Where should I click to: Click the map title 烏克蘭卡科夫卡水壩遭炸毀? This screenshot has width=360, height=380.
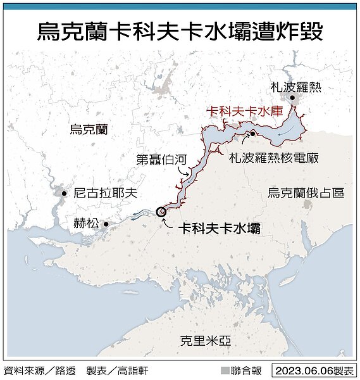pos(180,30)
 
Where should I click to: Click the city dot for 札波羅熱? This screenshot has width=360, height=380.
pos(292,98)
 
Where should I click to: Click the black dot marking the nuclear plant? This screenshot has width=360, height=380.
pos(252,134)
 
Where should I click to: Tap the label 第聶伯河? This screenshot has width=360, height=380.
pos(161,160)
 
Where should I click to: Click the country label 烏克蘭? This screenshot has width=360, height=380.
pos(89,130)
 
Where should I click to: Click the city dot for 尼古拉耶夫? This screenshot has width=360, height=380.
pos(64,193)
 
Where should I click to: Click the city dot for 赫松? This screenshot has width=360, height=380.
pos(106,224)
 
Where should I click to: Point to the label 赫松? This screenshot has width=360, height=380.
pos(87,223)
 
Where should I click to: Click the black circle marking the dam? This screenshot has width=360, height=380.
pos(161,213)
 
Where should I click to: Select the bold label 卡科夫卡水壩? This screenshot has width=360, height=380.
pos(219,229)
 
